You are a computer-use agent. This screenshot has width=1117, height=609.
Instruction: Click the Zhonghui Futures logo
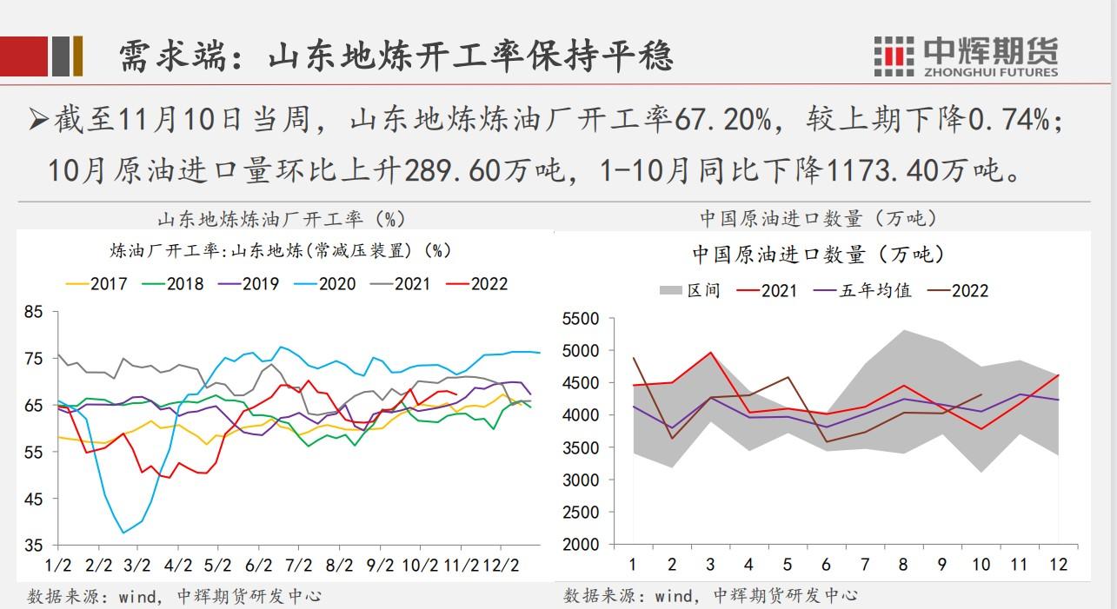click(x=966, y=56)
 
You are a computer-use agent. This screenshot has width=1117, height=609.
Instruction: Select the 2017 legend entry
click(x=97, y=283)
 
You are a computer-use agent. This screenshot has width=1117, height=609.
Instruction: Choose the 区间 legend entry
click(x=690, y=291)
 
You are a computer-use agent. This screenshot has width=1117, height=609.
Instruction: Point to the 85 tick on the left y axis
click(x=33, y=312)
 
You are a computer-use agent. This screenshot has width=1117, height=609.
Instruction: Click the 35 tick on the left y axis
click(x=33, y=546)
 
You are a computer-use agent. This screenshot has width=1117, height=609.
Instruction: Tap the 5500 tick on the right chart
click(x=581, y=320)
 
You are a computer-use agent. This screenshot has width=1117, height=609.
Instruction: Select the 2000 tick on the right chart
click(x=581, y=545)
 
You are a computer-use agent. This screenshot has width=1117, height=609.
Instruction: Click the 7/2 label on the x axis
click(x=298, y=565)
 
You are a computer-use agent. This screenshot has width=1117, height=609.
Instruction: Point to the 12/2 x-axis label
click(x=503, y=565)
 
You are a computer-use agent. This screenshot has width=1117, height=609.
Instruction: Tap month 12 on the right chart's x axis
click(x=1058, y=565)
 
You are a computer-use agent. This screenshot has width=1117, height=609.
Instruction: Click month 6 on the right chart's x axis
click(x=826, y=565)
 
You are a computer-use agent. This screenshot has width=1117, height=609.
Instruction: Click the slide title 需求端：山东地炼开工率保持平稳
click(x=396, y=56)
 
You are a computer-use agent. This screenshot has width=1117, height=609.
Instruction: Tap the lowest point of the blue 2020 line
click(x=123, y=533)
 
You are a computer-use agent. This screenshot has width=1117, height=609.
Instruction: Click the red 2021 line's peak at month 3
click(x=710, y=353)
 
